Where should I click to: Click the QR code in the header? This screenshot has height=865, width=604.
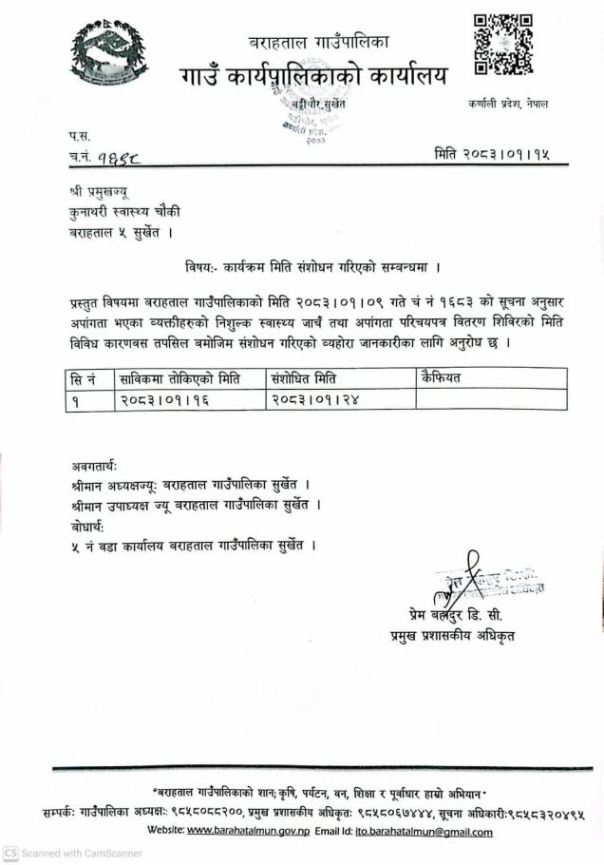(x=502, y=45)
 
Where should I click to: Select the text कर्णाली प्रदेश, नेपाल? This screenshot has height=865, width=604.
(x=507, y=104)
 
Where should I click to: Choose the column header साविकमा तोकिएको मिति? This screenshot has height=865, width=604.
(x=179, y=378)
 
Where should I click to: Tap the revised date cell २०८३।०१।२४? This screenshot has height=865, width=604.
(x=316, y=399)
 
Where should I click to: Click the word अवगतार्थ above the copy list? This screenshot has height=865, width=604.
(x=94, y=466)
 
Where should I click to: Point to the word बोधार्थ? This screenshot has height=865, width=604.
(x=87, y=526)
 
